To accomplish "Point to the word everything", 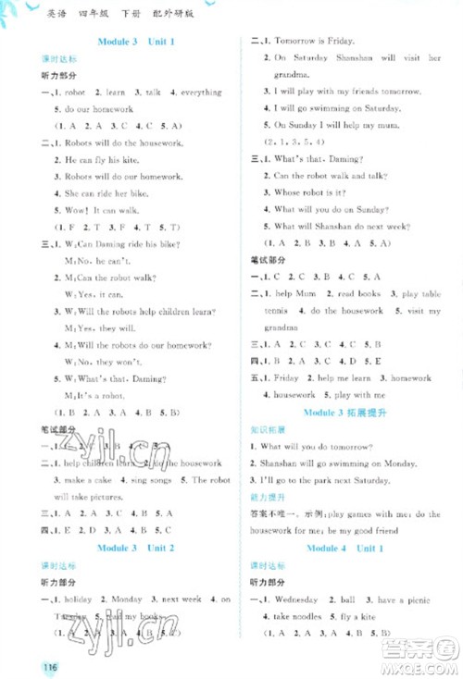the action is [x=201, y=93].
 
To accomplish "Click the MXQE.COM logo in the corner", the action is [x=428, y=660].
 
